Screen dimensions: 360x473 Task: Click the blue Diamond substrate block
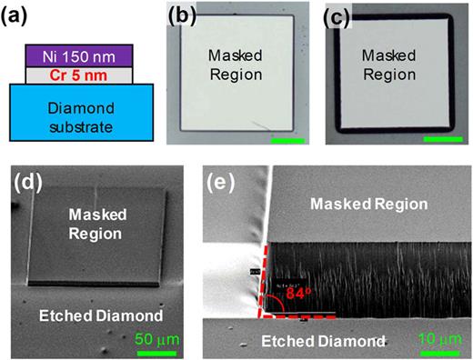(x=69, y=111)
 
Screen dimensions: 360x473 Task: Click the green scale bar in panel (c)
(x=444, y=139)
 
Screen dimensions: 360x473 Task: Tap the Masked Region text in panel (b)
(x=235, y=65)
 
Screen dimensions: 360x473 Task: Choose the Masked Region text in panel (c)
(x=395, y=65)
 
